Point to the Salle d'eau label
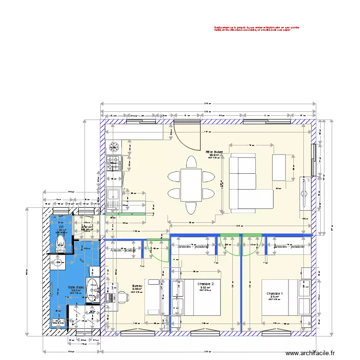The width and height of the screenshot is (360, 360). point(75,288)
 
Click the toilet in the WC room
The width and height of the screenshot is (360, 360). point(61,244)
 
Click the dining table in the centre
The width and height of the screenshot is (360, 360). point(191,185)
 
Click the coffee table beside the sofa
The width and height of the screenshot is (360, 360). point(279,168)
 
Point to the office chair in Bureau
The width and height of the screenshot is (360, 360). point(124,297)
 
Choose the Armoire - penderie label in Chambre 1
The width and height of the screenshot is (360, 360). point(289,246)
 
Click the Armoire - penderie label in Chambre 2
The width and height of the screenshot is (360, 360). point(192,246)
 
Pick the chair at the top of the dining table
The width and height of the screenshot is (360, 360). point(191,162)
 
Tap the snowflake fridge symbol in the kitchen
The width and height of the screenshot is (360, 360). point(115,145)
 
